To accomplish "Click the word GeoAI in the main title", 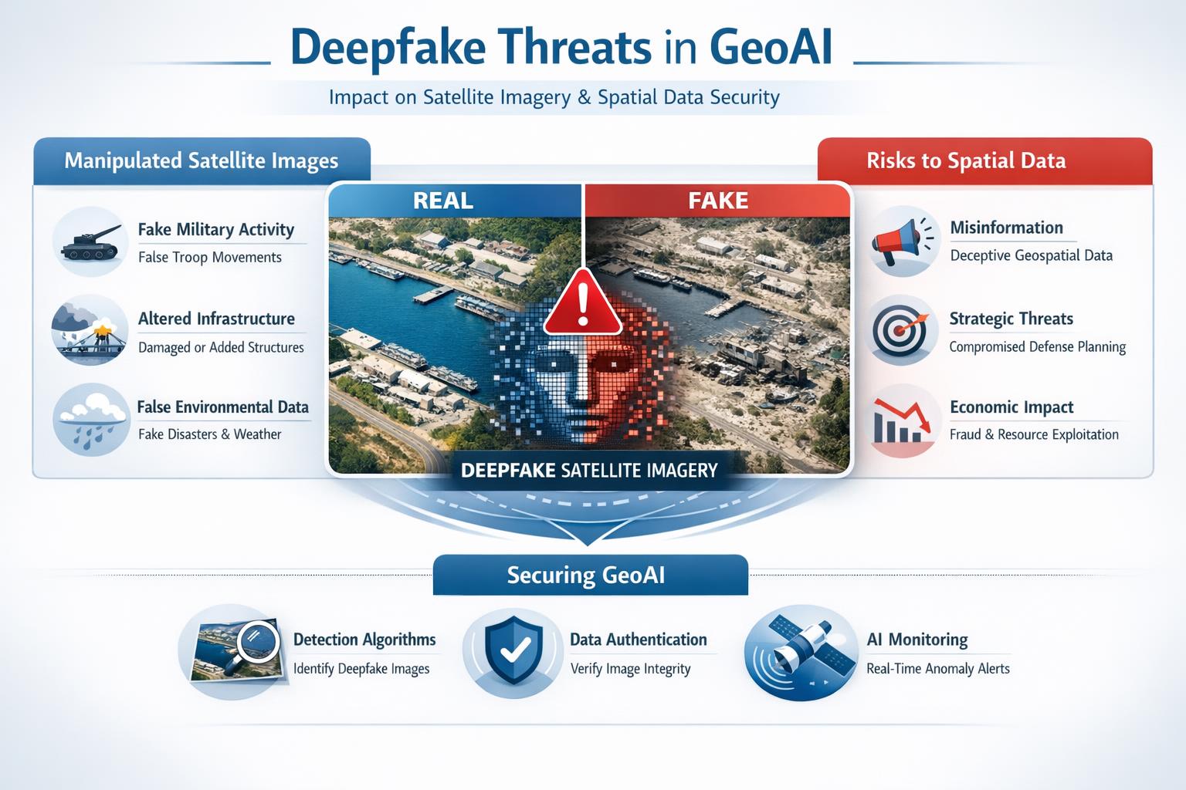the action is pyautogui.click(x=771, y=48).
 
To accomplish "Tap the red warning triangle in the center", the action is pyautogui.click(x=583, y=303).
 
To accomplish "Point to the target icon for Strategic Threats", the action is pyautogui.click(x=900, y=332).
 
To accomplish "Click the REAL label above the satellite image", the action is pyautogui.click(x=443, y=201).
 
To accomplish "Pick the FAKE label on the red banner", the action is pyautogui.click(x=718, y=201).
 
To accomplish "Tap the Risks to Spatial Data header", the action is pyautogui.click(x=984, y=161).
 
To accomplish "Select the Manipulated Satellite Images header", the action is pyautogui.click(x=202, y=161).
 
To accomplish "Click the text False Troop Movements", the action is pyautogui.click(x=210, y=257).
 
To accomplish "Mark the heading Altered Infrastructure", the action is pyautogui.click(x=216, y=319).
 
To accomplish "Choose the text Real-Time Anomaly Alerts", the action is pyautogui.click(x=937, y=669).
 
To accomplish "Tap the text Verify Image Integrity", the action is pyautogui.click(x=631, y=669).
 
